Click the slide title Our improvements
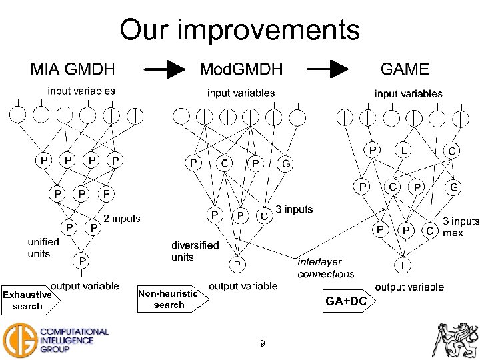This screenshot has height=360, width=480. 239,30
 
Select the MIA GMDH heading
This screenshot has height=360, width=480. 73,69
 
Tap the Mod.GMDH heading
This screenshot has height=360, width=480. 241,69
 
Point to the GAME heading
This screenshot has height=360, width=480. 404,69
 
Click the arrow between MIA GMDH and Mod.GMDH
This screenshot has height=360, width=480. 164,69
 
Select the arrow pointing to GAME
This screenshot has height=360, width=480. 329,69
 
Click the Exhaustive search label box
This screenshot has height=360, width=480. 28,301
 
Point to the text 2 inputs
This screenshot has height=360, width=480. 122,218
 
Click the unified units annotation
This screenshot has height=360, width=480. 43,248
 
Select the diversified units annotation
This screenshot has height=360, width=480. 195,251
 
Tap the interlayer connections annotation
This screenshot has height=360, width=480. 325,268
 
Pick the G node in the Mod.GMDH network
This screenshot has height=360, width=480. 286,163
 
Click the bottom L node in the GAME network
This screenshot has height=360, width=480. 404,265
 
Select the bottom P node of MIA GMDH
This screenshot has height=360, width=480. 81,259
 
